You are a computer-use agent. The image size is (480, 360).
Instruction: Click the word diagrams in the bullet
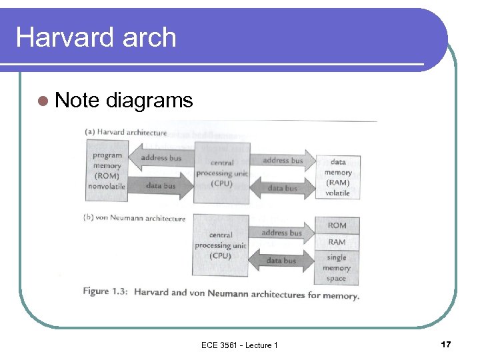click(149, 101)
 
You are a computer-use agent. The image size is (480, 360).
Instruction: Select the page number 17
click(446, 344)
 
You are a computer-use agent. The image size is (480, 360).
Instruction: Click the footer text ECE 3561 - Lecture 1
click(239, 345)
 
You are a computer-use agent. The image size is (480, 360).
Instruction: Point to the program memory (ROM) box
click(107, 171)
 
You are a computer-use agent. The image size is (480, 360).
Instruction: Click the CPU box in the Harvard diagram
click(221, 173)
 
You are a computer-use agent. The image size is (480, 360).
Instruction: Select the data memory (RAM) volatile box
click(337, 177)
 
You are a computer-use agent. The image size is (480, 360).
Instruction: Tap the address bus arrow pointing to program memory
click(159, 159)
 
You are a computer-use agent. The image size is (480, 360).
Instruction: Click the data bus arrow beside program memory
click(160, 186)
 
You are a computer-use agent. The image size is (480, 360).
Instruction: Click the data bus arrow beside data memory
click(282, 188)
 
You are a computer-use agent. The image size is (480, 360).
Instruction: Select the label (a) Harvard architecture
click(125, 132)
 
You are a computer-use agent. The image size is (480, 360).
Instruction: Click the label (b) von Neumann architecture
click(135, 218)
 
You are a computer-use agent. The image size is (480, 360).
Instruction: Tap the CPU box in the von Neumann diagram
click(220, 245)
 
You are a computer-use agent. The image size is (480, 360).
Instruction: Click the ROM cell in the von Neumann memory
click(337, 225)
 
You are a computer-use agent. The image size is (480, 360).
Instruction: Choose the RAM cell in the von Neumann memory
click(337, 242)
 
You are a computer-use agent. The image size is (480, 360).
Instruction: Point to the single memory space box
click(337, 267)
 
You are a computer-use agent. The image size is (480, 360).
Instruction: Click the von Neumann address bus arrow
click(281, 233)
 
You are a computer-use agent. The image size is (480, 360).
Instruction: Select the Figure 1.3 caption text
click(221, 293)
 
